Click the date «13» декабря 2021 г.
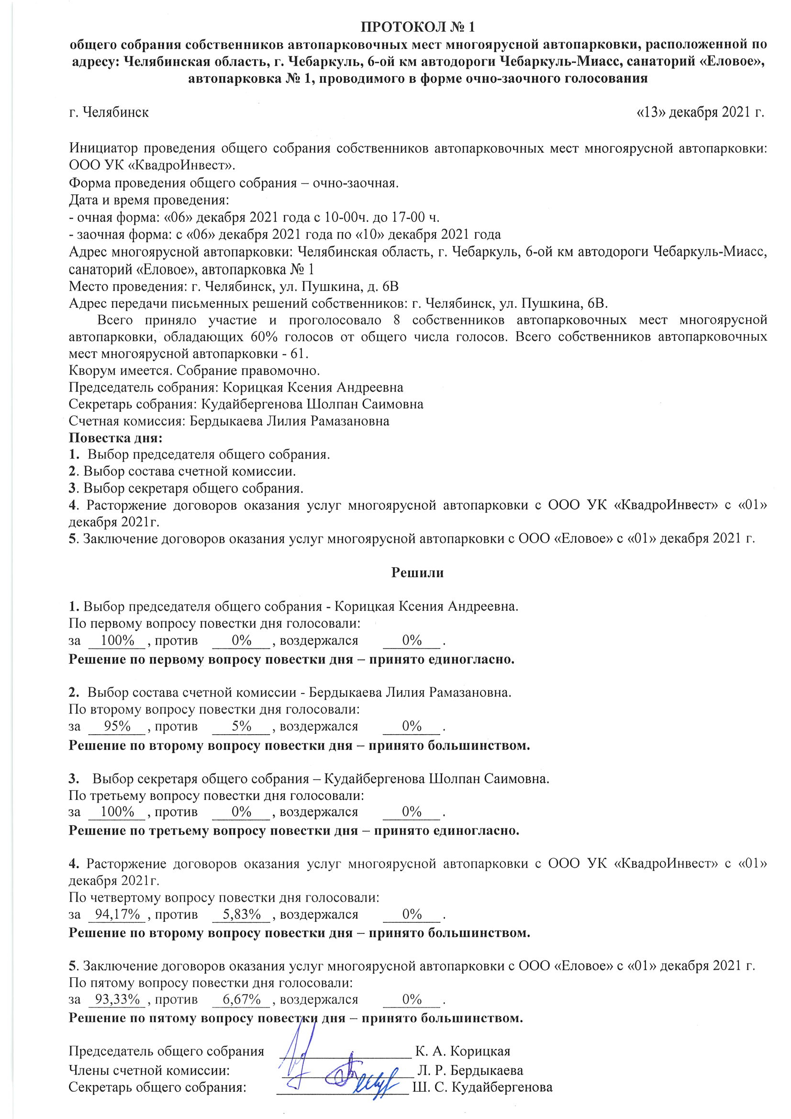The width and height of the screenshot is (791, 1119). pos(700,112)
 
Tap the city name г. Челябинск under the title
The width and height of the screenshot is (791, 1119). pos(109,112)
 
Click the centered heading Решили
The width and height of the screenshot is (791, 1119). pos(417,572)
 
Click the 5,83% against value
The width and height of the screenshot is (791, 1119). pos(242,914)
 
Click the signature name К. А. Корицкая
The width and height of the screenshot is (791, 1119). pos(463,1052)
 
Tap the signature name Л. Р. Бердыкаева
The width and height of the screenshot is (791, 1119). pos(470,1071)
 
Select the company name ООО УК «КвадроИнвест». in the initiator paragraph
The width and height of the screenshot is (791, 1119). pos(152,164)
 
